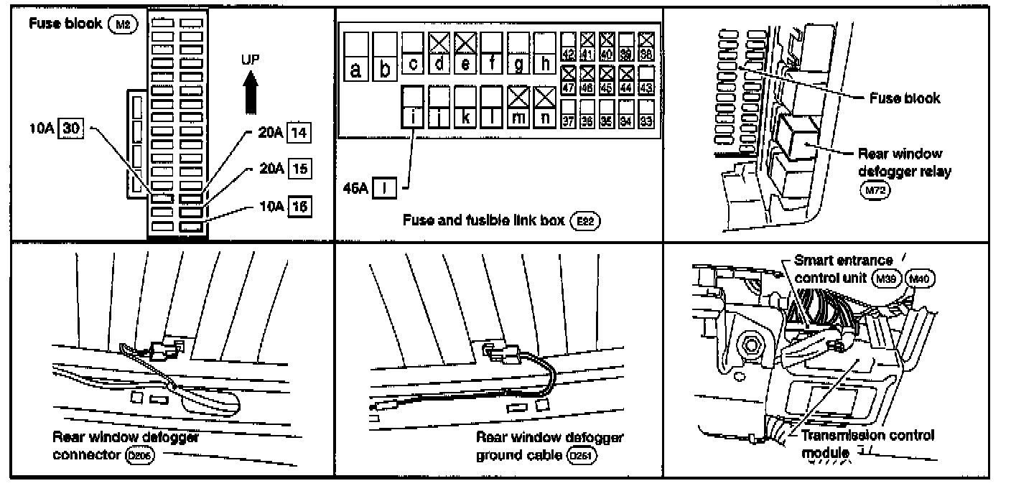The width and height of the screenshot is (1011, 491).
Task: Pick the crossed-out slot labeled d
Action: coord(439,53)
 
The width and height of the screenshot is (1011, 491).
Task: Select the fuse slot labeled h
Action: coord(545,53)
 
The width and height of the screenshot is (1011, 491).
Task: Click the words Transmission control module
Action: coord(867,444)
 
